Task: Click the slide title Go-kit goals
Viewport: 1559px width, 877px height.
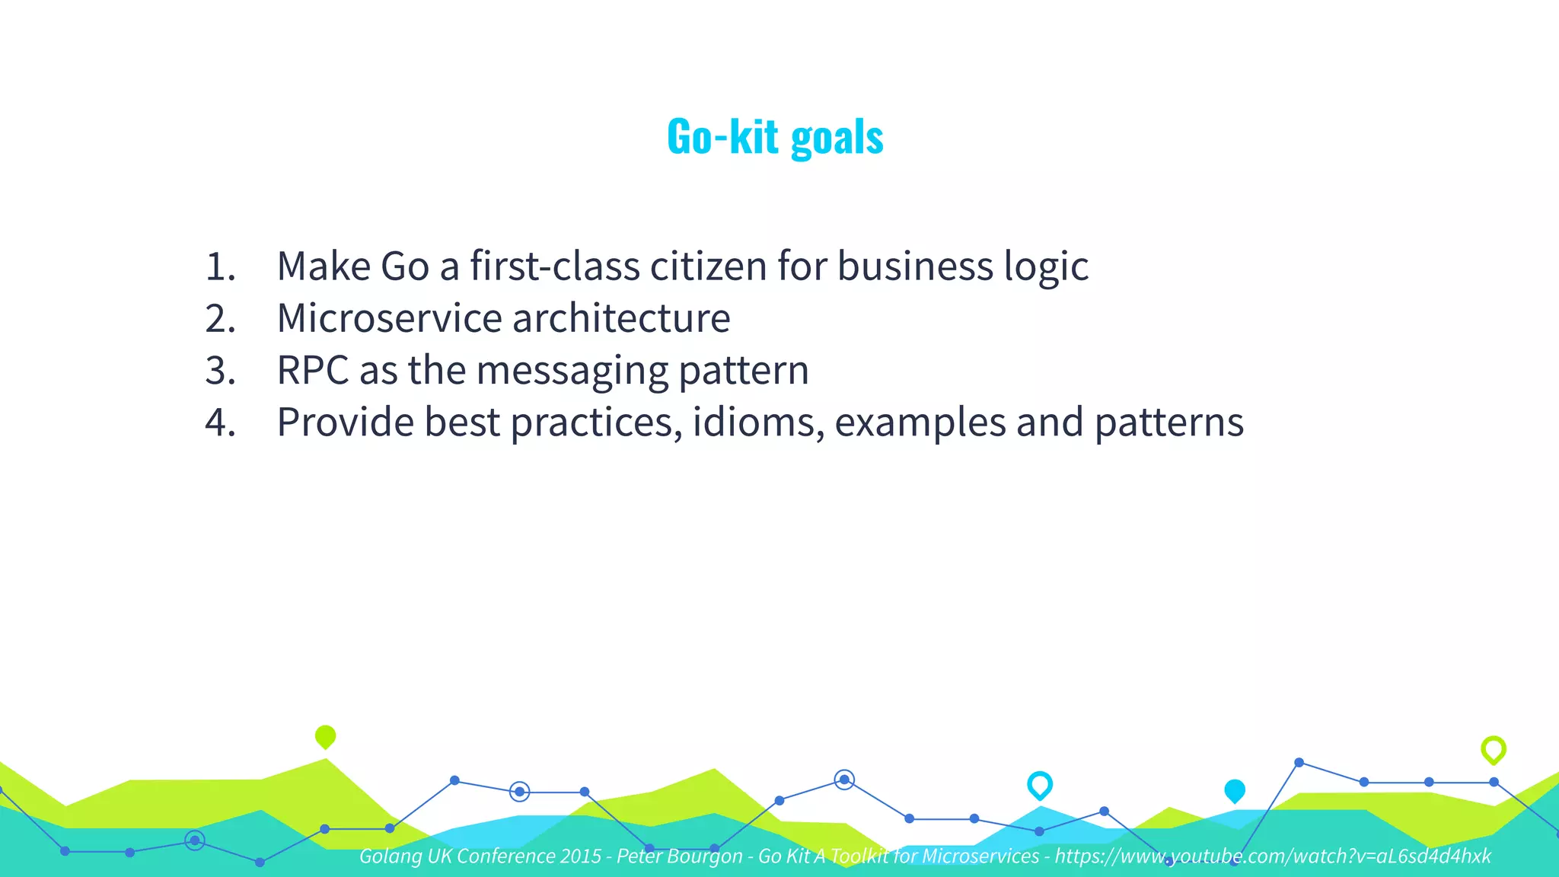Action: [x=775, y=137]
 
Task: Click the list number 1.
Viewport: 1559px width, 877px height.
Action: [x=220, y=266]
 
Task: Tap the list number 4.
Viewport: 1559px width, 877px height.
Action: [x=220, y=423]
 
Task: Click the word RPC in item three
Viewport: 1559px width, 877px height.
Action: [x=312, y=371]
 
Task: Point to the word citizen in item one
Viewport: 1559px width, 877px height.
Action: [x=708, y=266]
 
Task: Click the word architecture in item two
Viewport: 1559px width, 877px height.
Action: [x=621, y=318]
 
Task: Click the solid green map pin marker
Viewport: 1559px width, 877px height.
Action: [x=325, y=736]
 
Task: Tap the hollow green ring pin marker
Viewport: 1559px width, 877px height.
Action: [x=1493, y=749]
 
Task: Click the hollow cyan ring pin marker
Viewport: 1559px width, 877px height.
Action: [x=1039, y=784]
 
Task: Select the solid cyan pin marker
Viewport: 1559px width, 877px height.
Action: [x=1234, y=791]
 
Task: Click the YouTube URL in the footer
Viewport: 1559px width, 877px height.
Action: [x=1272, y=856]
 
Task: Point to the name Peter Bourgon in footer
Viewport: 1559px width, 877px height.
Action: [x=679, y=856]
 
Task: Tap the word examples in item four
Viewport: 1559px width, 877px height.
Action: [x=920, y=423]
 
